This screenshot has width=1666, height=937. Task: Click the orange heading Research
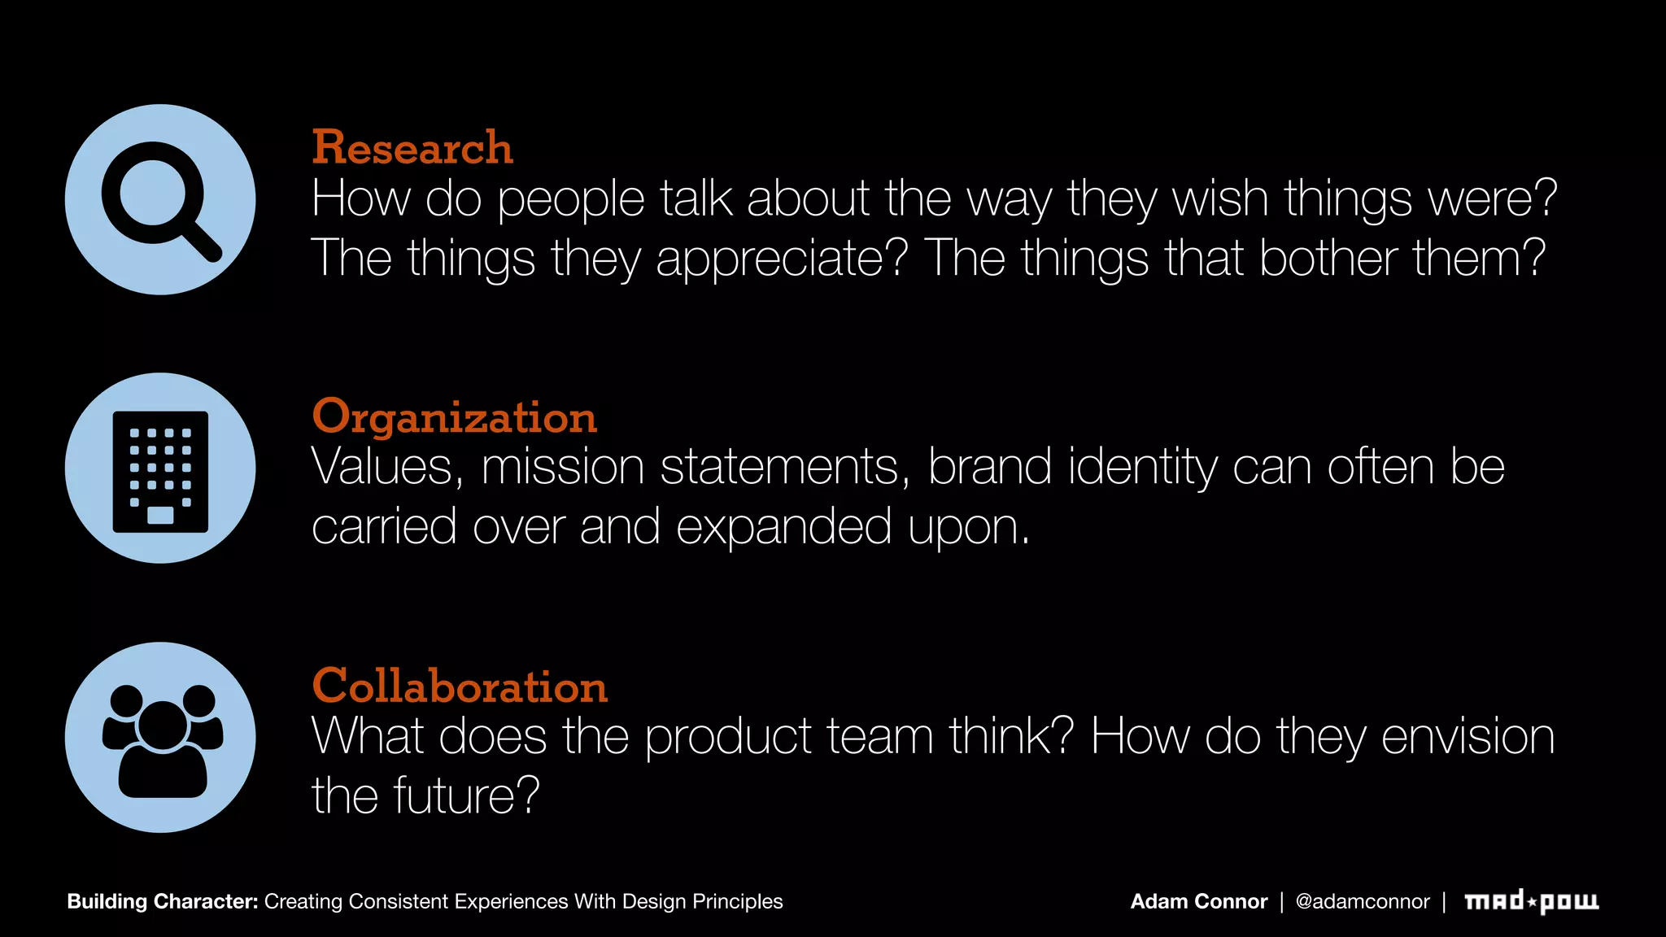pyautogui.click(x=412, y=147)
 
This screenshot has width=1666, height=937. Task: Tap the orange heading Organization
pyautogui.click(x=454, y=417)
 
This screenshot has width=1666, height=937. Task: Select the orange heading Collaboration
pyautogui.click(x=460, y=686)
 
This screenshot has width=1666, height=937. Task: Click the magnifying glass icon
pyautogui.click(x=160, y=199)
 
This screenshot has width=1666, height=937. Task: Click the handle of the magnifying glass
pyautogui.click(x=200, y=241)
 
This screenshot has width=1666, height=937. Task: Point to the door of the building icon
pyautogui.click(x=160, y=515)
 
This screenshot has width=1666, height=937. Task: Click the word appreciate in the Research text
pyautogui.click(x=781, y=259)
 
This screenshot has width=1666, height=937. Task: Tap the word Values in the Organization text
pyautogui.click(x=387, y=468)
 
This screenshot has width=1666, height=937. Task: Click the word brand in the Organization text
pyautogui.click(x=989, y=468)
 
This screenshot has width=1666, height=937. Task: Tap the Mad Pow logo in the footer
pyautogui.click(x=1531, y=901)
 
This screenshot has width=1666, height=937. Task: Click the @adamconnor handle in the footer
pyautogui.click(x=1362, y=901)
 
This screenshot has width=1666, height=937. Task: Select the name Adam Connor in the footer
pyautogui.click(x=1198, y=901)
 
